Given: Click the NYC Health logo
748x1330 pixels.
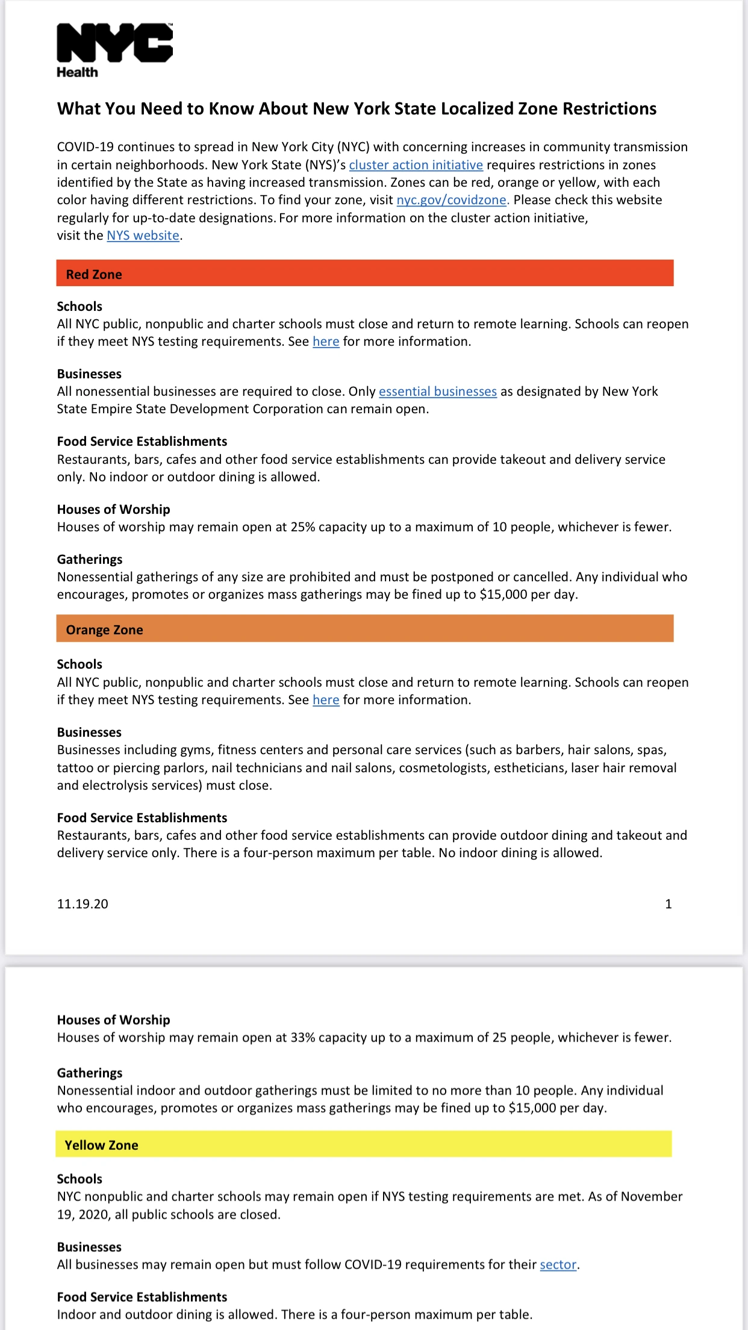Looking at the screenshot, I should [x=114, y=51].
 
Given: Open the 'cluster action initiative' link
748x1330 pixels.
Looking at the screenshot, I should [x=416, y=165].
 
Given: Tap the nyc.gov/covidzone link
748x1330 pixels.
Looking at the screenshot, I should [x=452, y=200].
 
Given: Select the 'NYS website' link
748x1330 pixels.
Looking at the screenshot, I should [x=143, y=236].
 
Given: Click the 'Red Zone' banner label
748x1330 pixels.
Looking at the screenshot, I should [x=94, y=275].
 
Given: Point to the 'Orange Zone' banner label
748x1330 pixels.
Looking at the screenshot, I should [x=104, y=630].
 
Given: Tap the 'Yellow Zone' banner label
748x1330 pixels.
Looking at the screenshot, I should [x=101, y=1145].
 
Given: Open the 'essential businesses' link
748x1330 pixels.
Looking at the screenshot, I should [x=437, y=392].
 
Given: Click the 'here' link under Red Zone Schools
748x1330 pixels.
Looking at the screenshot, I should [x=326, y=342].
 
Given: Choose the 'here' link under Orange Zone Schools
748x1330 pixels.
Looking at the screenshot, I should [x=326, y=700].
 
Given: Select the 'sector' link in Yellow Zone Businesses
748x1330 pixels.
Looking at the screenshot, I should [x=558, y=1264].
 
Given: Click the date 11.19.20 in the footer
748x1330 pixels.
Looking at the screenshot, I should [x=83, y=904].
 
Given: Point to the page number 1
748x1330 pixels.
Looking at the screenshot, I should [x=668, y=904].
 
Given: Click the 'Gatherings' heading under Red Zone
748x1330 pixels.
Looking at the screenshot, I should [x=90, y=560].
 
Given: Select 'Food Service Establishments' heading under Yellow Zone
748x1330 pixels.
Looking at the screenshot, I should [x=142, y=1297].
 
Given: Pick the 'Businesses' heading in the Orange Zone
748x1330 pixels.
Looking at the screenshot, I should [x=89, y=732].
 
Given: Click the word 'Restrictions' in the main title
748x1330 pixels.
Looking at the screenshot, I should [x=609, y=109].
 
